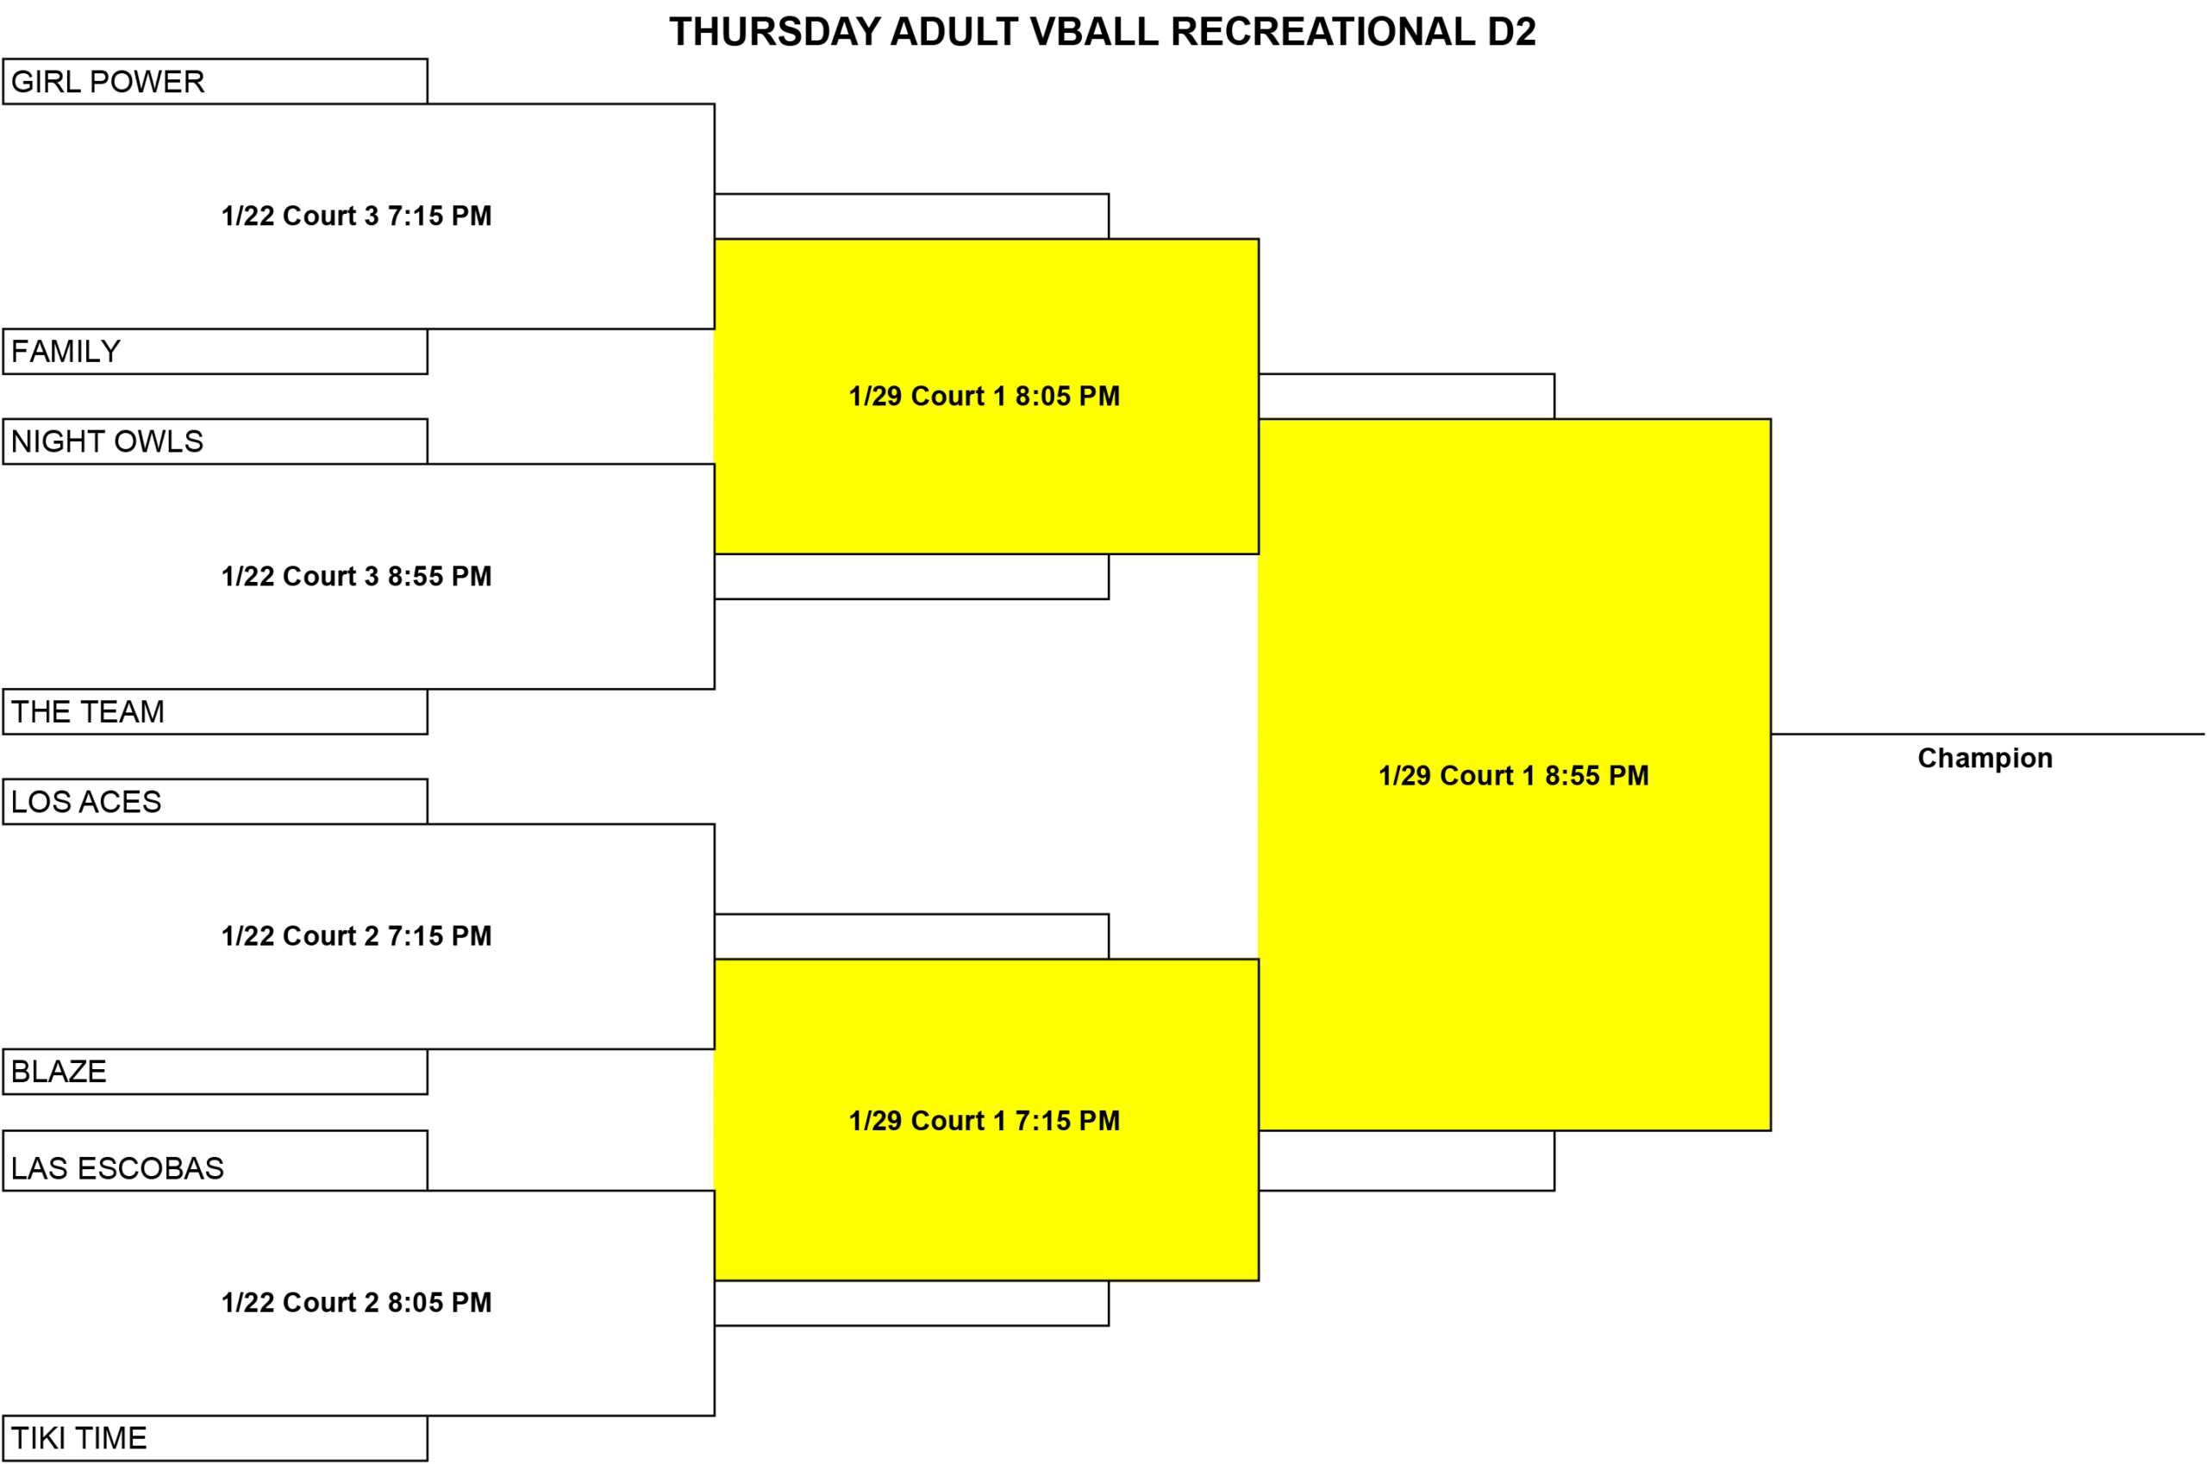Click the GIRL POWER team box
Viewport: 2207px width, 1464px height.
pos(215,81)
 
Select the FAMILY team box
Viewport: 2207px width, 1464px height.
pos(215,351)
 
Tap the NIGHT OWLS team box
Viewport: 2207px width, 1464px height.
pos(215,441)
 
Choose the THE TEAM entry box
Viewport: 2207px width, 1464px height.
pos(215,711)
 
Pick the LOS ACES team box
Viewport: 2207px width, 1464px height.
pos(215,801)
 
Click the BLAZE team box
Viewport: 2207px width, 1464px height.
pos(215,1071)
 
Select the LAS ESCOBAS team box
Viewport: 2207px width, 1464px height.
pos(215,1161)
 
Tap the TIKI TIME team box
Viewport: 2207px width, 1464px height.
pos(215,1438)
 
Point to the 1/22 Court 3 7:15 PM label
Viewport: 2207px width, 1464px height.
pos(357,216)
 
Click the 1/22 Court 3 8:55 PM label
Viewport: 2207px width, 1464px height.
pos(357,576)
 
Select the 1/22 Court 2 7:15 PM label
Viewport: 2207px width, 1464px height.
pos(357,935)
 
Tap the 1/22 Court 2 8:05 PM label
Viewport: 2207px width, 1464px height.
pos(357,1303)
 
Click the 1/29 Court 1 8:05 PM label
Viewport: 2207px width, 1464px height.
pos(984,396)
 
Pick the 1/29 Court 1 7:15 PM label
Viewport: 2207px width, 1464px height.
pos(984,1120)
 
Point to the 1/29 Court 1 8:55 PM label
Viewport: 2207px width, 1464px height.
pos(1513,775)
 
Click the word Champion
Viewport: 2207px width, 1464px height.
pos(1985,758)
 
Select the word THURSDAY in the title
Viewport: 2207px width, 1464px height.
pos(775,32)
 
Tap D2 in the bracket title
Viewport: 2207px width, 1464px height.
pos(1511,32)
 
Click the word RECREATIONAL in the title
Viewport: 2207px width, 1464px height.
pos(1322,32)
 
